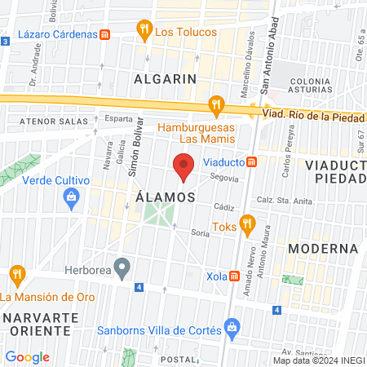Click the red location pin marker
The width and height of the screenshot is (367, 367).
point(184,166)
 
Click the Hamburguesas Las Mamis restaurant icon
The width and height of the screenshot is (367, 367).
point(216,104)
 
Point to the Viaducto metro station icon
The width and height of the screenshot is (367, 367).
point(253,161)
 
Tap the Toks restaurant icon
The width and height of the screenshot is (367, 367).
point(249,223)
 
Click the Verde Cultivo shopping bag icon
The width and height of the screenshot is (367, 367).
point(72,197)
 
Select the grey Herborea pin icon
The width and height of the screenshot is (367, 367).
point(122,266)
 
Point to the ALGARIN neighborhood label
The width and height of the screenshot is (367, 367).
point(166,79)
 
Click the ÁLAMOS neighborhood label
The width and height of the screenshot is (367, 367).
point(165,197)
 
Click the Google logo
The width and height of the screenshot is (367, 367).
point(27,356)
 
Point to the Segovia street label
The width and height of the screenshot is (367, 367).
point(223,178)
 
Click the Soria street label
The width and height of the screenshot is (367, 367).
point(200,232)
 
